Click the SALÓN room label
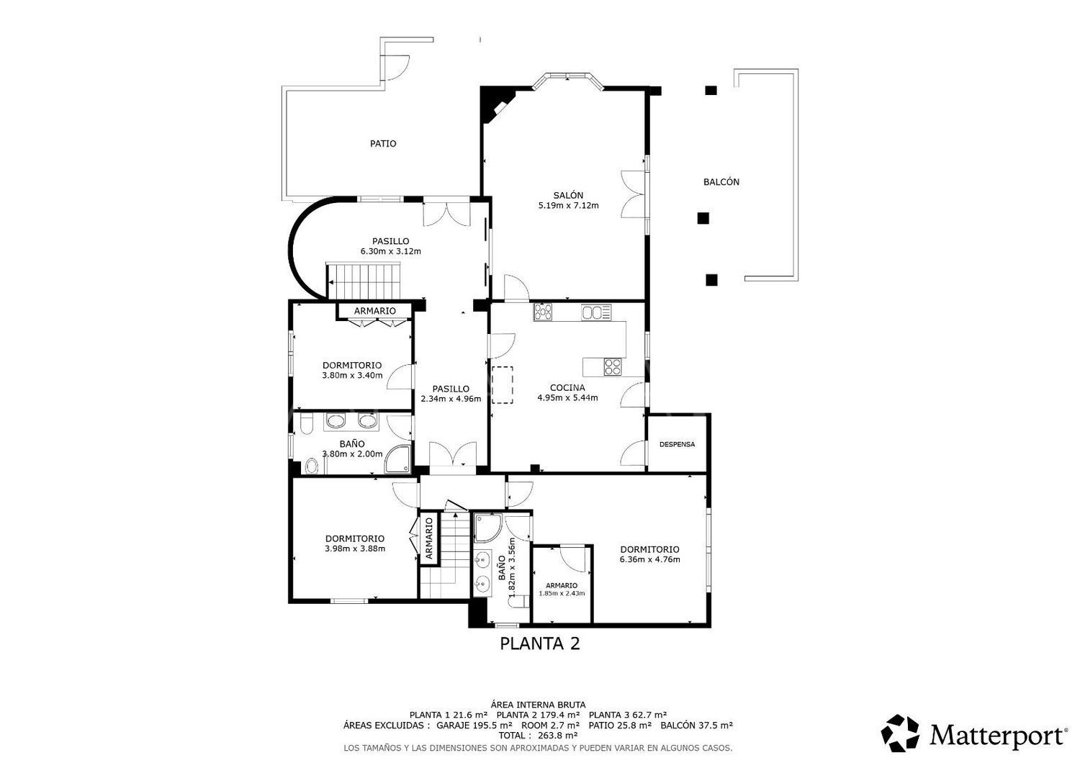[568, 195]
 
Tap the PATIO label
[383, 143]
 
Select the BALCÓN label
[721, 181]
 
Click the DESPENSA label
[677, 444]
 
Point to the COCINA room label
[567, 387]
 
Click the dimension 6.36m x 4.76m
[650, 559]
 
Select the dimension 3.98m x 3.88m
[355, 548]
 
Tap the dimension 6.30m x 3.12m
[390, 251]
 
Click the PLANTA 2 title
[539, 644]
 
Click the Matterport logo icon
[900, 733]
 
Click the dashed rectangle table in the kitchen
[502, 384]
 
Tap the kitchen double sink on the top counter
[596, 313]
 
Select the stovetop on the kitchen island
[612, 367]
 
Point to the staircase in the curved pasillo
[364, 281]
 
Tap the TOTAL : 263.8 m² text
[538, 736]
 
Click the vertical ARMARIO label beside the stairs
[429, 538]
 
